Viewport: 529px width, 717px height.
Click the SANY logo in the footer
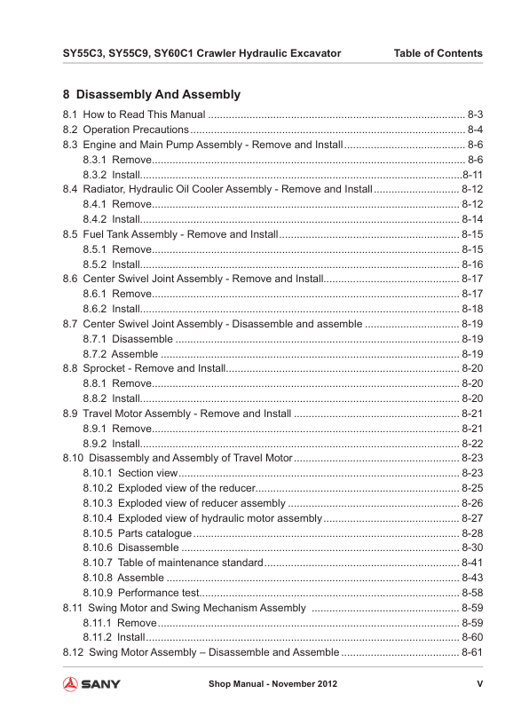91,684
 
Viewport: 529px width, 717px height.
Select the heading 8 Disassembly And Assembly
152,94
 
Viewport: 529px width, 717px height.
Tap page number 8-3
475,115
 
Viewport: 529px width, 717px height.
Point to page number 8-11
472,175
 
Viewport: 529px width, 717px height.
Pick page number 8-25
472,488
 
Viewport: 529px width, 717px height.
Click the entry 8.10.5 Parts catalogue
137,533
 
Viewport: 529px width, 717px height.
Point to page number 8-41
472,563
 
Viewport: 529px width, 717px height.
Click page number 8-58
472,593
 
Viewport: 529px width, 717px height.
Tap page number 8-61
472,652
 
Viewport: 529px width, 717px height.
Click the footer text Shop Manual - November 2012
272,684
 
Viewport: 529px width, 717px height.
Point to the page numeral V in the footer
479,684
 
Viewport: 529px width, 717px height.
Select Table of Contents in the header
438,53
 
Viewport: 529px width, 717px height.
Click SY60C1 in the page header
178,53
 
